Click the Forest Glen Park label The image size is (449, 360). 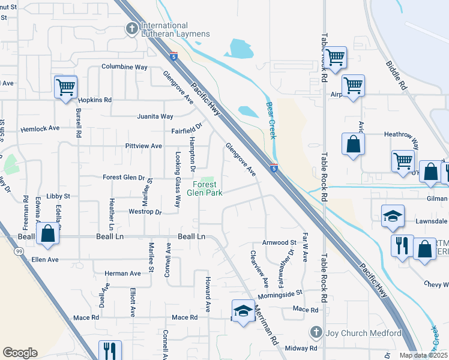pos(204,188)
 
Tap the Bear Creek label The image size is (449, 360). pos(271,120)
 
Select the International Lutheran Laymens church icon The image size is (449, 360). pos(131,28)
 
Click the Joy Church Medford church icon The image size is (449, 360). pos(316,332)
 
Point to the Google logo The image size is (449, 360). pos(20,352)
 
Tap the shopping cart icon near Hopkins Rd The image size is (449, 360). pos(65,87)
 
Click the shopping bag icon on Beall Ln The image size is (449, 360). pos(48,235)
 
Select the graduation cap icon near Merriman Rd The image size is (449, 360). pos(243,311)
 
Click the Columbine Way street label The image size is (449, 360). pos(124,67)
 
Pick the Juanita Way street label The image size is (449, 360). pos(155,116)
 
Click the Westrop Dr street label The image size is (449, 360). pos(145,212)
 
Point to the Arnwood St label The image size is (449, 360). pos(279,243)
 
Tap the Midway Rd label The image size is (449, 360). pos(301,348)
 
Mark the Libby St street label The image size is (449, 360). pos(58,196)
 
